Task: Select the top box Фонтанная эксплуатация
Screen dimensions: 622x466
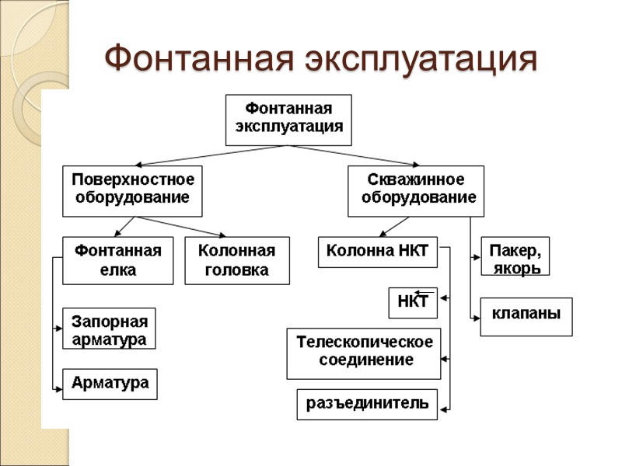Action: [x=288, y=120]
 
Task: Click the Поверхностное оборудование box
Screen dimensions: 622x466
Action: [x=132, y=190]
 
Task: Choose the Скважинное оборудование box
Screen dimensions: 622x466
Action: [x=416, y=190]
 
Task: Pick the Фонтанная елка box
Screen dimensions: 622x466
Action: [x=117, y=260]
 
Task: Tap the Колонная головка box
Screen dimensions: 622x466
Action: [x=237, y=260]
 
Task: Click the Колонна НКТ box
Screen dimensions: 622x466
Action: [x=378, y=252]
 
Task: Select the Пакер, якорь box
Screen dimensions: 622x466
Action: [x=515, y=256]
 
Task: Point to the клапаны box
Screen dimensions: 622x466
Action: [x=526, y=316]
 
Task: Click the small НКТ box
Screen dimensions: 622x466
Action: [x=413, y=303]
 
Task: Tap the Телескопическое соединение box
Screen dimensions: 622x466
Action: [x=364, y=353]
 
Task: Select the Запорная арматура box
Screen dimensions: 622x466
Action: [x=110, y=328]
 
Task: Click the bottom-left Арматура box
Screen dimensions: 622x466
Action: [x=110, y=384]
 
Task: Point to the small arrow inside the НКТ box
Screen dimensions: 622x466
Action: [x=424, y=293]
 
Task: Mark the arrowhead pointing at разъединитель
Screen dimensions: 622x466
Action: [x=444, y=404]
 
